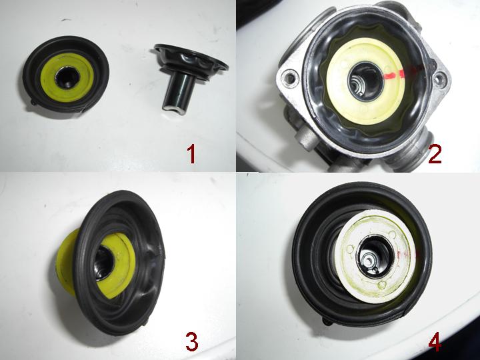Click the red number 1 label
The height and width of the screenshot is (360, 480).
(191, 154)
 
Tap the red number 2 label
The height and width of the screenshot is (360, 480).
(435, 154)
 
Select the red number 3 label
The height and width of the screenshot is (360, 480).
(192, 341)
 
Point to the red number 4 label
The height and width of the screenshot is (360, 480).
(435, 341)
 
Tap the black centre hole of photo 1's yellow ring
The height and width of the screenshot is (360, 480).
(67, 77)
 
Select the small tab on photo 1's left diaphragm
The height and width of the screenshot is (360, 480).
(34, 102)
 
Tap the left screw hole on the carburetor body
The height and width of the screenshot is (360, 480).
(289, 77)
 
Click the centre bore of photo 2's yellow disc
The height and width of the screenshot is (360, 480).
(365, 81)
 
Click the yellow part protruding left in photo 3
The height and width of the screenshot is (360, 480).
(64, 260)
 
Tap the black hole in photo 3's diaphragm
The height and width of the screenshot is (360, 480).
(104, 263)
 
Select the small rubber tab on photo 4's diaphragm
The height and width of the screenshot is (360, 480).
(327, 321)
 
